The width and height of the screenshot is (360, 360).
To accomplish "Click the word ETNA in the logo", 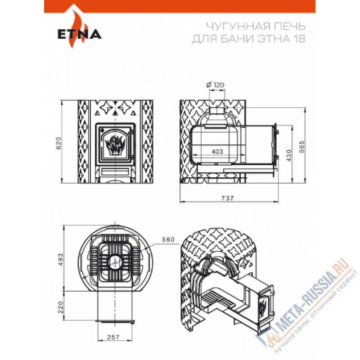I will (79, 35).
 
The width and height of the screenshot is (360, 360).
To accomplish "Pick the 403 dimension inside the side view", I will (217, 152).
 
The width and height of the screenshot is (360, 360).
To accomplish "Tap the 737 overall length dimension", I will (229, 198).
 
